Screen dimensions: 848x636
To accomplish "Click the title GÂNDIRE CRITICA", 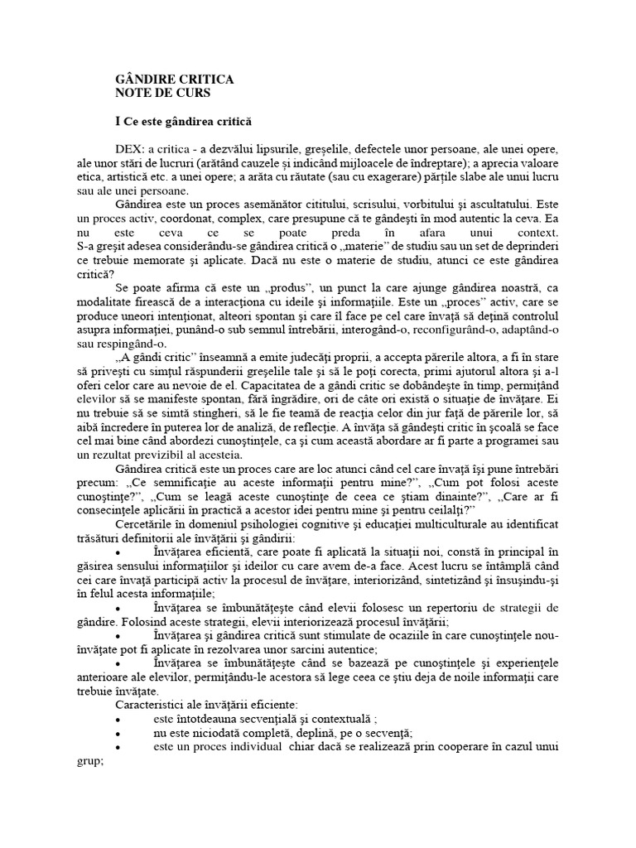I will click(x=174, y=79).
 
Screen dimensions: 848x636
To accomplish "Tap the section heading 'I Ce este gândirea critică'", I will click(x=182, y=121).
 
